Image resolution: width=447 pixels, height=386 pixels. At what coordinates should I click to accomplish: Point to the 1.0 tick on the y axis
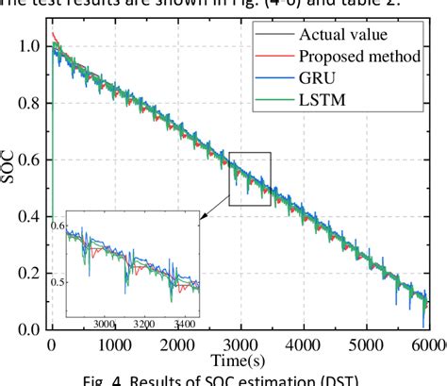30,45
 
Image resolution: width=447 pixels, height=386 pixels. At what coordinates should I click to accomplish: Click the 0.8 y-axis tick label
30,102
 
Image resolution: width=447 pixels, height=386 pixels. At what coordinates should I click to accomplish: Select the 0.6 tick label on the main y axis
30,159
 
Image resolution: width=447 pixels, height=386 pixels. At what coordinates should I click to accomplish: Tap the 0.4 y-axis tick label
30,216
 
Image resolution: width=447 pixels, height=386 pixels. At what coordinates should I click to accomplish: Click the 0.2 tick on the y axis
30,273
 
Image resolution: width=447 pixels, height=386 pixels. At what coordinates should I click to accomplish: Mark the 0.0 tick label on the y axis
30,329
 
